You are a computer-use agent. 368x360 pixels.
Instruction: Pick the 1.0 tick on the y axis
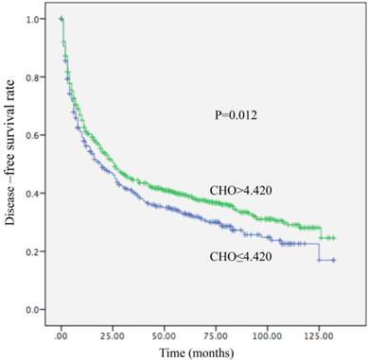34,19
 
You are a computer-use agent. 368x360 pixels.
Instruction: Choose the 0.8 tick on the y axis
34,77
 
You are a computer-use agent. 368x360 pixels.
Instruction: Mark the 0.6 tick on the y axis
34,135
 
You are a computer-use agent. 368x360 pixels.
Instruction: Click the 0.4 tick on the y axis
34,194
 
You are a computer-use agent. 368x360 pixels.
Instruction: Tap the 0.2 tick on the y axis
34,251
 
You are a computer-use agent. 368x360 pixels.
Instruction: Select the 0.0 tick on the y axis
34,310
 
